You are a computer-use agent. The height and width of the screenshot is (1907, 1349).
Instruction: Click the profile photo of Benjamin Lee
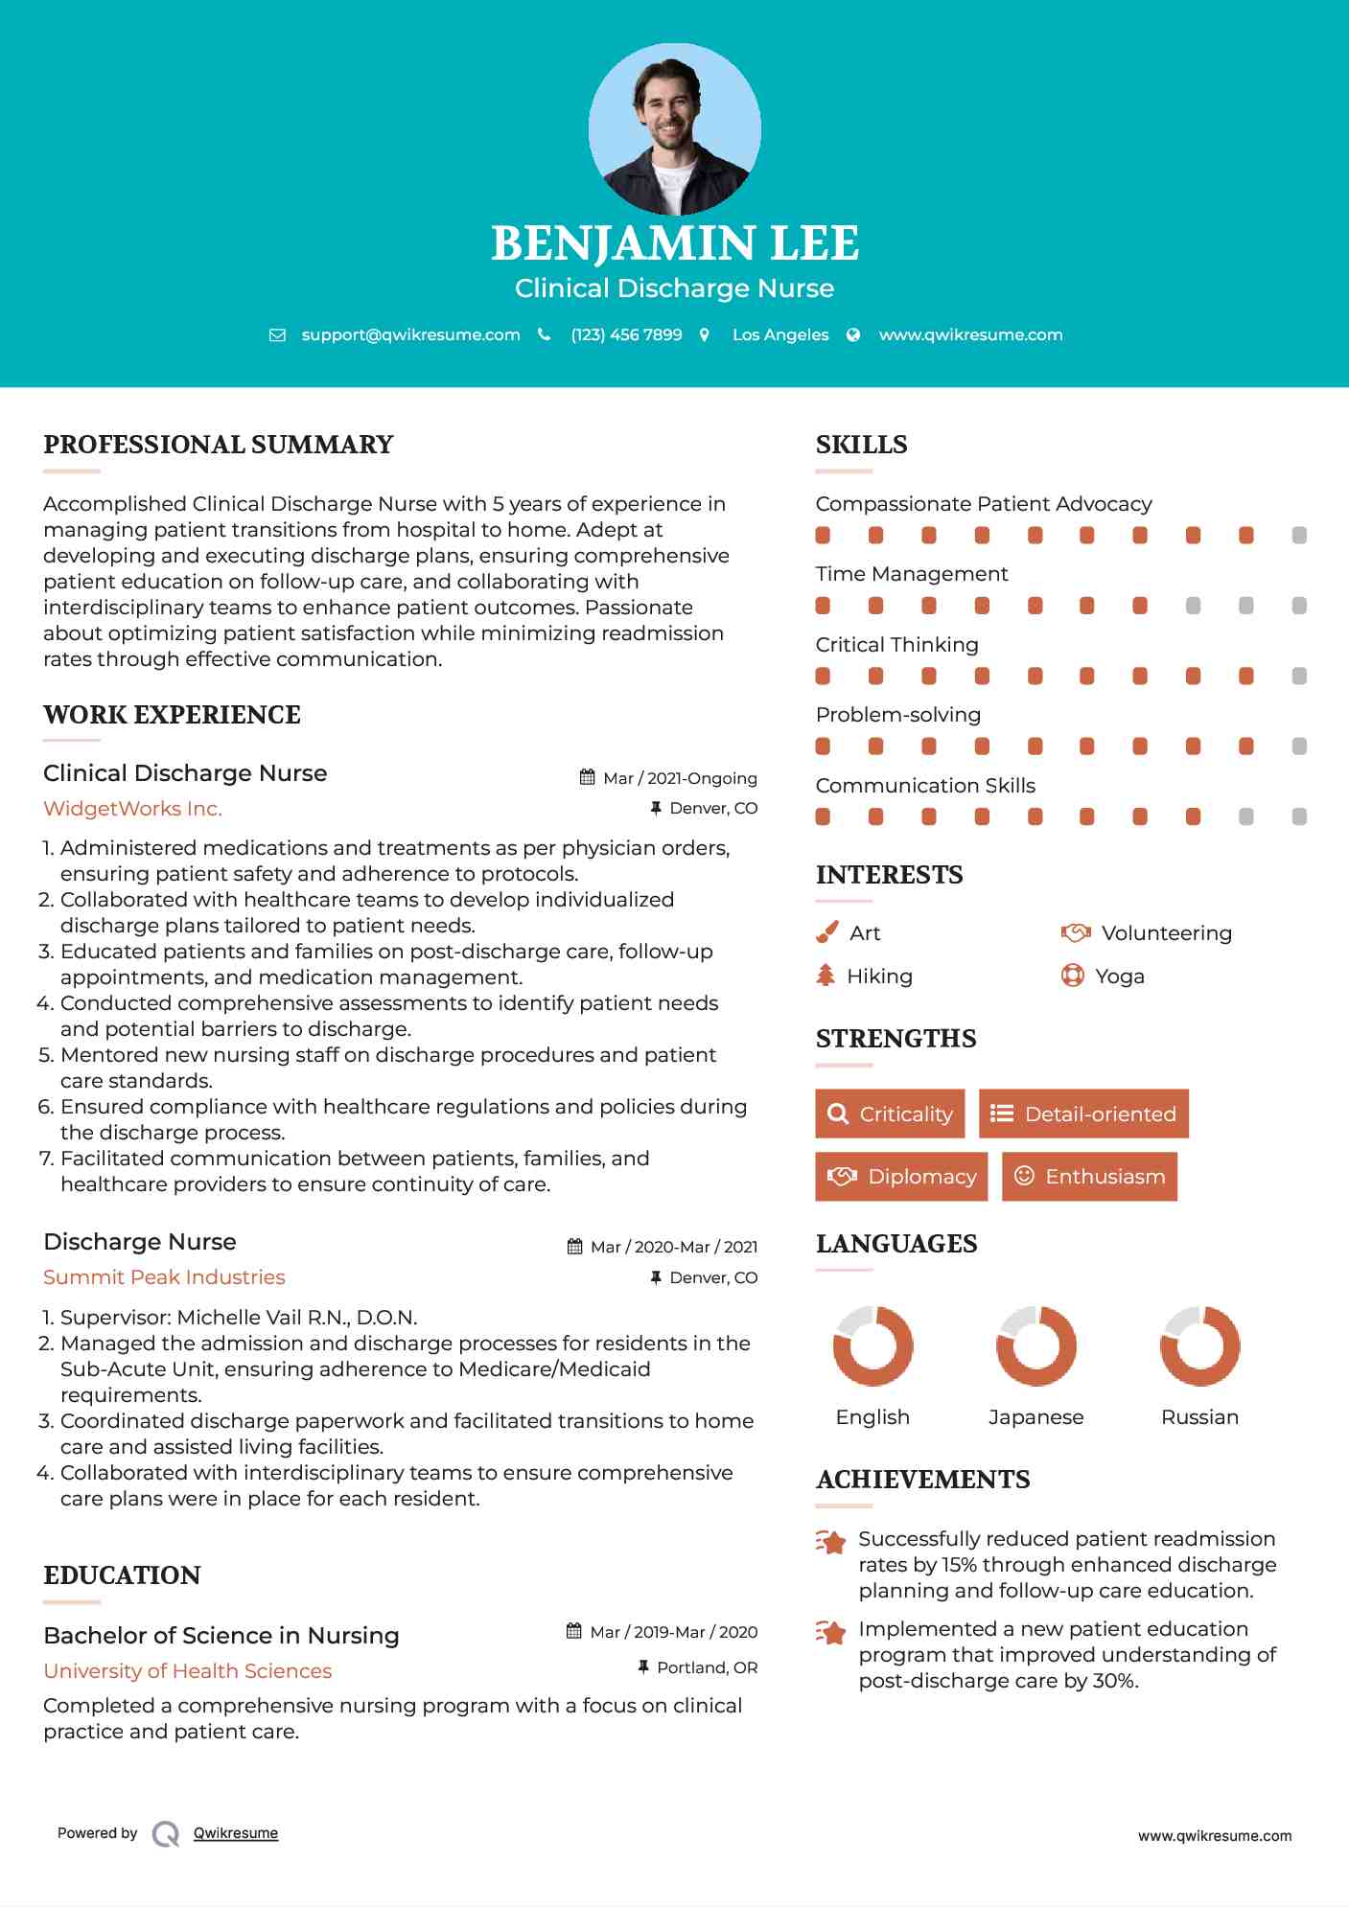(x=674, y=129)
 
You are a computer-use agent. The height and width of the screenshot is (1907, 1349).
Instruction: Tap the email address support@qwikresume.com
(x=410, y=334)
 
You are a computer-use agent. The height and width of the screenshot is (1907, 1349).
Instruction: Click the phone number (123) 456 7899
(x=626, y=334)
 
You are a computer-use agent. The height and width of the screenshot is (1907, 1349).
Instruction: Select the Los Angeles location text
(x=779, y=334)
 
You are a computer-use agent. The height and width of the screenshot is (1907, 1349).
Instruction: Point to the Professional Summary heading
(x=219, y=445)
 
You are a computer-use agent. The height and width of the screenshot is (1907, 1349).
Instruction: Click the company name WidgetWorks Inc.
(x=132, y=809)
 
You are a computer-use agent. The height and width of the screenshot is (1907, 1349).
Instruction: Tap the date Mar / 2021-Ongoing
(x=680, y=778)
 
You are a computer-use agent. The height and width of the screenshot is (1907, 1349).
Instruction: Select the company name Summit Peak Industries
(x=164, y=1277)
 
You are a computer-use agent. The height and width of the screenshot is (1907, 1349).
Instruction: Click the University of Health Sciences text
(x=187, y=1671)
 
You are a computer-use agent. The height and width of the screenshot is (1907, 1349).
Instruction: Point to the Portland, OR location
(x=707, y=1667)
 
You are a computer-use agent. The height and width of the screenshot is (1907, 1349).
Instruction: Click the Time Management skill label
(x=911, y=574)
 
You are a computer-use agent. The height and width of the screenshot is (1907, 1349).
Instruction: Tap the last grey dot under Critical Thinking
(x=1299, y=677)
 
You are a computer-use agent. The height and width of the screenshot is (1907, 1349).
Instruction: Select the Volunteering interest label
(x=1166, y=933)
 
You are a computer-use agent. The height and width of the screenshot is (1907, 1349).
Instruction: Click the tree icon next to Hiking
(x=826, y=976)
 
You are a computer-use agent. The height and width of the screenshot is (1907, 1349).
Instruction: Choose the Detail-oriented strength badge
(x=1083, y=1114)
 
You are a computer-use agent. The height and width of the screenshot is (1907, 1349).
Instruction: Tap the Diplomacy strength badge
(x=900, y=1177)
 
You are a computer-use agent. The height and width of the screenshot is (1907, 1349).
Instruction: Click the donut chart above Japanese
(x=1035, y=1345)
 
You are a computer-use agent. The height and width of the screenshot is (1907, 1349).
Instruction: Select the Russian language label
(x=1199, y=1417)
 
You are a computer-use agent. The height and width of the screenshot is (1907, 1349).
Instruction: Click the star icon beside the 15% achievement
(x=831, y=1542)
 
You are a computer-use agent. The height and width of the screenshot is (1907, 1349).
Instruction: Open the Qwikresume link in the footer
(x=236, y=1833)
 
